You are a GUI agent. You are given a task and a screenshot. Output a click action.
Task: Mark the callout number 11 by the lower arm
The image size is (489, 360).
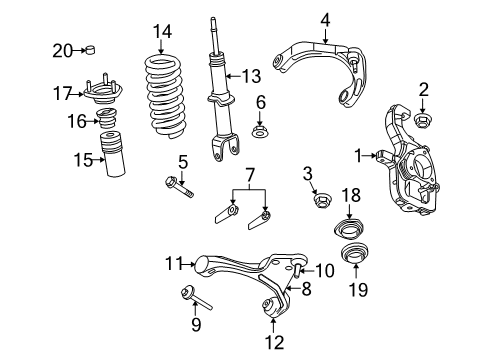tap(174, 264)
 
